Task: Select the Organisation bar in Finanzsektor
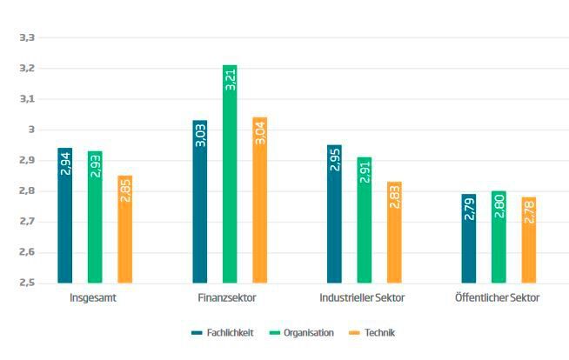click(230, 174)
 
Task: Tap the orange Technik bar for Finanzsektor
click(259, 200)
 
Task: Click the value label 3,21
click(230, 79)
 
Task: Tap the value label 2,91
click(365, 170)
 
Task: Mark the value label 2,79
click(469, 208)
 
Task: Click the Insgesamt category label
click(94, 298)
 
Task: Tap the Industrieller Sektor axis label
click(362, 298)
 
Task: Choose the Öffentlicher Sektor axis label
click(497, 298)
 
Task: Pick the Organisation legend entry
click(302, 332)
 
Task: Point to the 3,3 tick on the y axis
click(27, 37)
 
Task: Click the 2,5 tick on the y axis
click(27, 283)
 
